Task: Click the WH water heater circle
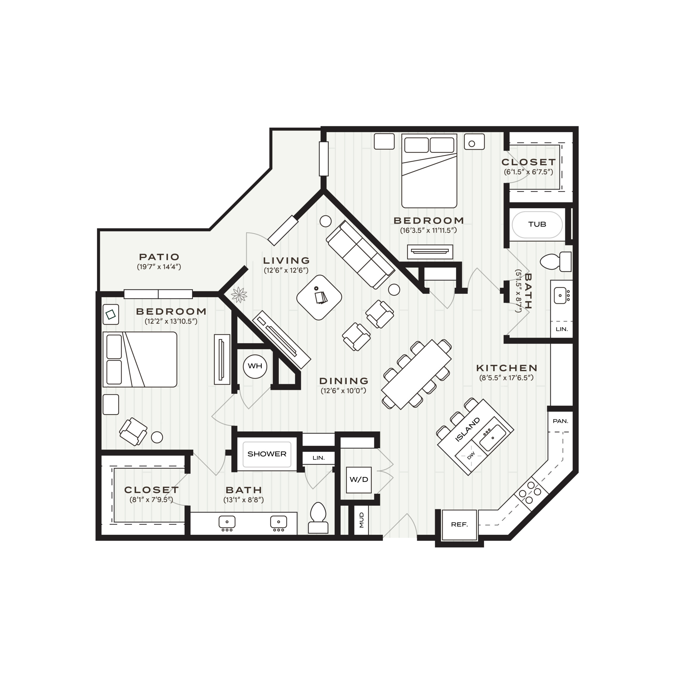[255, 366]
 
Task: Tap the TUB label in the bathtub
[537, 224]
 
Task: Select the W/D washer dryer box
[359, 480]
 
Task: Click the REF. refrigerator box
[459, 524]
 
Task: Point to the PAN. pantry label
[560, 421]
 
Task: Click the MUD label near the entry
[361, 520]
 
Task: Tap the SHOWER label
[267, 454]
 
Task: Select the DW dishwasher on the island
[471, 455]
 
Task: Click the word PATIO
[159, 257]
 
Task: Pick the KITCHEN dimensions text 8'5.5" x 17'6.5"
[506, 378]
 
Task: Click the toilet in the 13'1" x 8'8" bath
[318, 518]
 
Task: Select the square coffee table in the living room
[319, 297]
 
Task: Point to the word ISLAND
[468, 430]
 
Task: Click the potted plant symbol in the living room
[239, 295]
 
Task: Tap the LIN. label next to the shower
[318, 458]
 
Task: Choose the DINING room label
[344, 381]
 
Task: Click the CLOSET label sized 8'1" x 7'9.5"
[151, 490]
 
